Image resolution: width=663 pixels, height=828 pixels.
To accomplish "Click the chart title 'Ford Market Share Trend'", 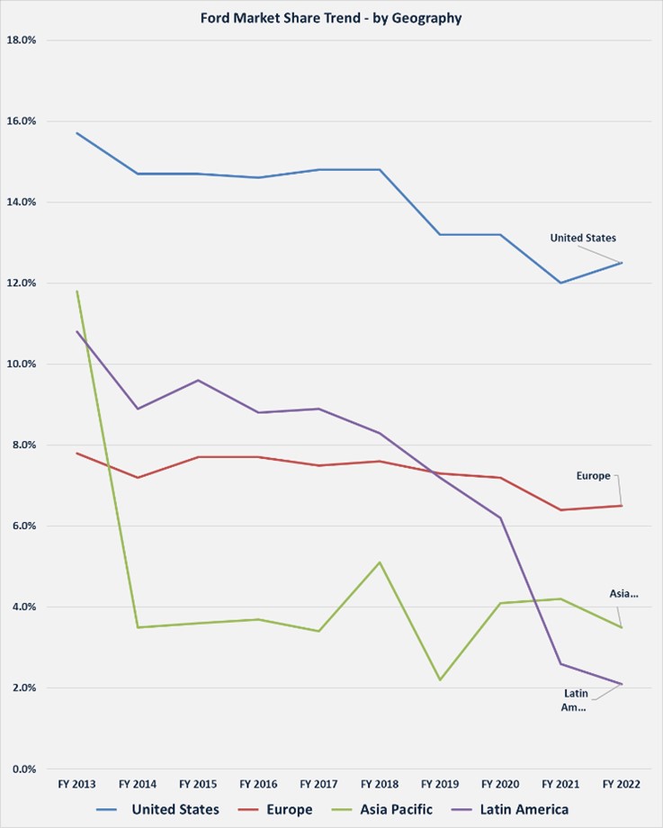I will (332, 17).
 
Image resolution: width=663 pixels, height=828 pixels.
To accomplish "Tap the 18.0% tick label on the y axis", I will (22, 40).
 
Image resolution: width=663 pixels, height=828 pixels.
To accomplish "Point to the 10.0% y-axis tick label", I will (22, 364).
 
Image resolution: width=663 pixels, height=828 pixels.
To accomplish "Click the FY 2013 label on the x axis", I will (77, 785).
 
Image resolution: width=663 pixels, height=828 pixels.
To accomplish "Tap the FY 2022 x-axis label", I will (622, 785).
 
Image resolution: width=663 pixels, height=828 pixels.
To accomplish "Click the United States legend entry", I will (175, 809).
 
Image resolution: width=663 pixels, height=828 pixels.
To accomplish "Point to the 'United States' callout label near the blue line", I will (583, 238).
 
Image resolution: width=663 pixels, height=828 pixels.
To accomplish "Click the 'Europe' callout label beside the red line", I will (594, 475).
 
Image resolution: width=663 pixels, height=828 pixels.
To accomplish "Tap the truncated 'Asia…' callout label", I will (623, 594).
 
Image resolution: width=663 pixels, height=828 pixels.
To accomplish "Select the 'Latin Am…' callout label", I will (576, 700).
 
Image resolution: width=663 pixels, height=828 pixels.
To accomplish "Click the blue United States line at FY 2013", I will (77, 133).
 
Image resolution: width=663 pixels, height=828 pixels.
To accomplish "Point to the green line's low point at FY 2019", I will (440, 679).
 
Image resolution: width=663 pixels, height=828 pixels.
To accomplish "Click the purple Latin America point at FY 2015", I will (198, 380).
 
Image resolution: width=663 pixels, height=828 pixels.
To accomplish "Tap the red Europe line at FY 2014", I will (138, 477).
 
